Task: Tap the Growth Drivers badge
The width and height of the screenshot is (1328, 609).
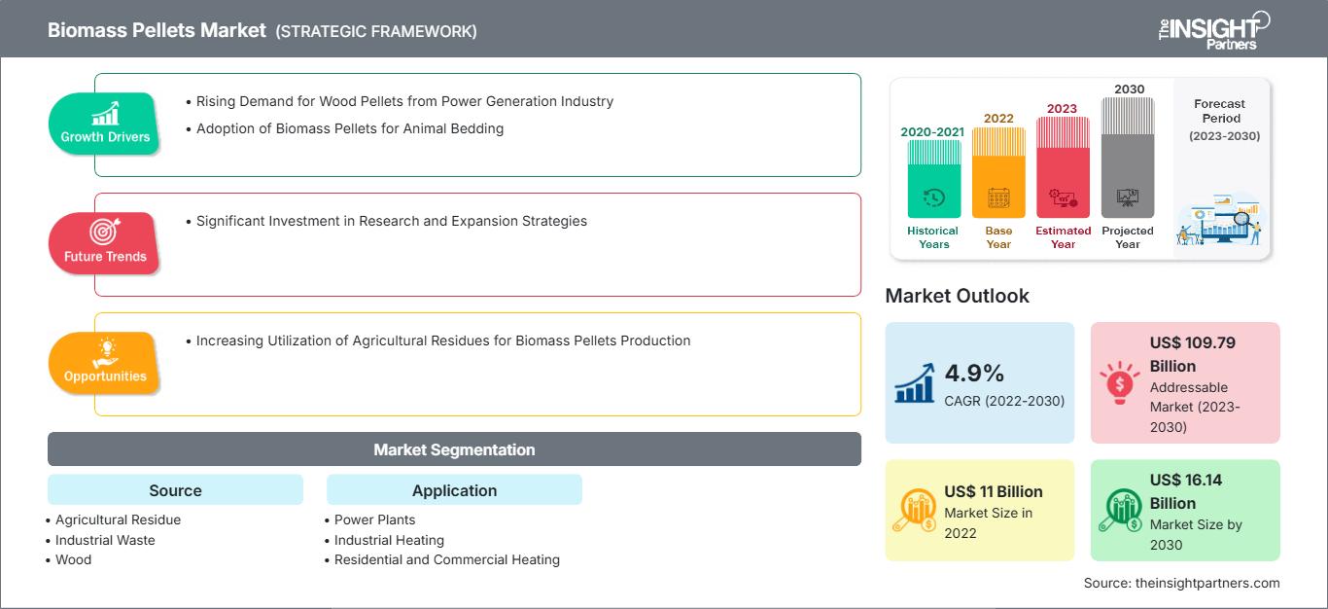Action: coord(105,123)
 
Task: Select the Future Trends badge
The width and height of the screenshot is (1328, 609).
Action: coord(105,242)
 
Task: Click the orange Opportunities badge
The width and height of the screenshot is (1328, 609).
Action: coord(105,362)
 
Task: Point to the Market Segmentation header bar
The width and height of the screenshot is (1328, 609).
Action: coord(454,449)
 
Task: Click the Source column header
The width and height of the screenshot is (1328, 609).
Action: coord(175,490)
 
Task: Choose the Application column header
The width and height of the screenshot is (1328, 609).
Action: coord(454,490)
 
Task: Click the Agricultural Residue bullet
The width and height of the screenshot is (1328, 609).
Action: coord(118,519)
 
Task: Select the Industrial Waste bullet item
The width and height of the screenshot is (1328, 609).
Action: coord(105,540)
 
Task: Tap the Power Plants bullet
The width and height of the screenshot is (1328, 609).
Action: coord(374,519)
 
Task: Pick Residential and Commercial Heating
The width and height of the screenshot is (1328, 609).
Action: coord(446,559)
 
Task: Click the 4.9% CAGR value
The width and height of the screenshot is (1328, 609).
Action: coord(973,373)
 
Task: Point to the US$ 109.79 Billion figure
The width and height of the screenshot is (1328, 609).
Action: coord(1193,354)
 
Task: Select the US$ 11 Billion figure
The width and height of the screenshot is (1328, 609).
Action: coord(993,491)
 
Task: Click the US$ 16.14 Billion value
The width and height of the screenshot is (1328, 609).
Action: coord(1185,491)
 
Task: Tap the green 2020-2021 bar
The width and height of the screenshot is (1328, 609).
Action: coord(933,179)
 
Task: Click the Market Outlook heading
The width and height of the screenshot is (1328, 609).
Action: coord(957,296)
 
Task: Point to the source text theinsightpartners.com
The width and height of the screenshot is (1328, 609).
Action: coord(1181,583)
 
